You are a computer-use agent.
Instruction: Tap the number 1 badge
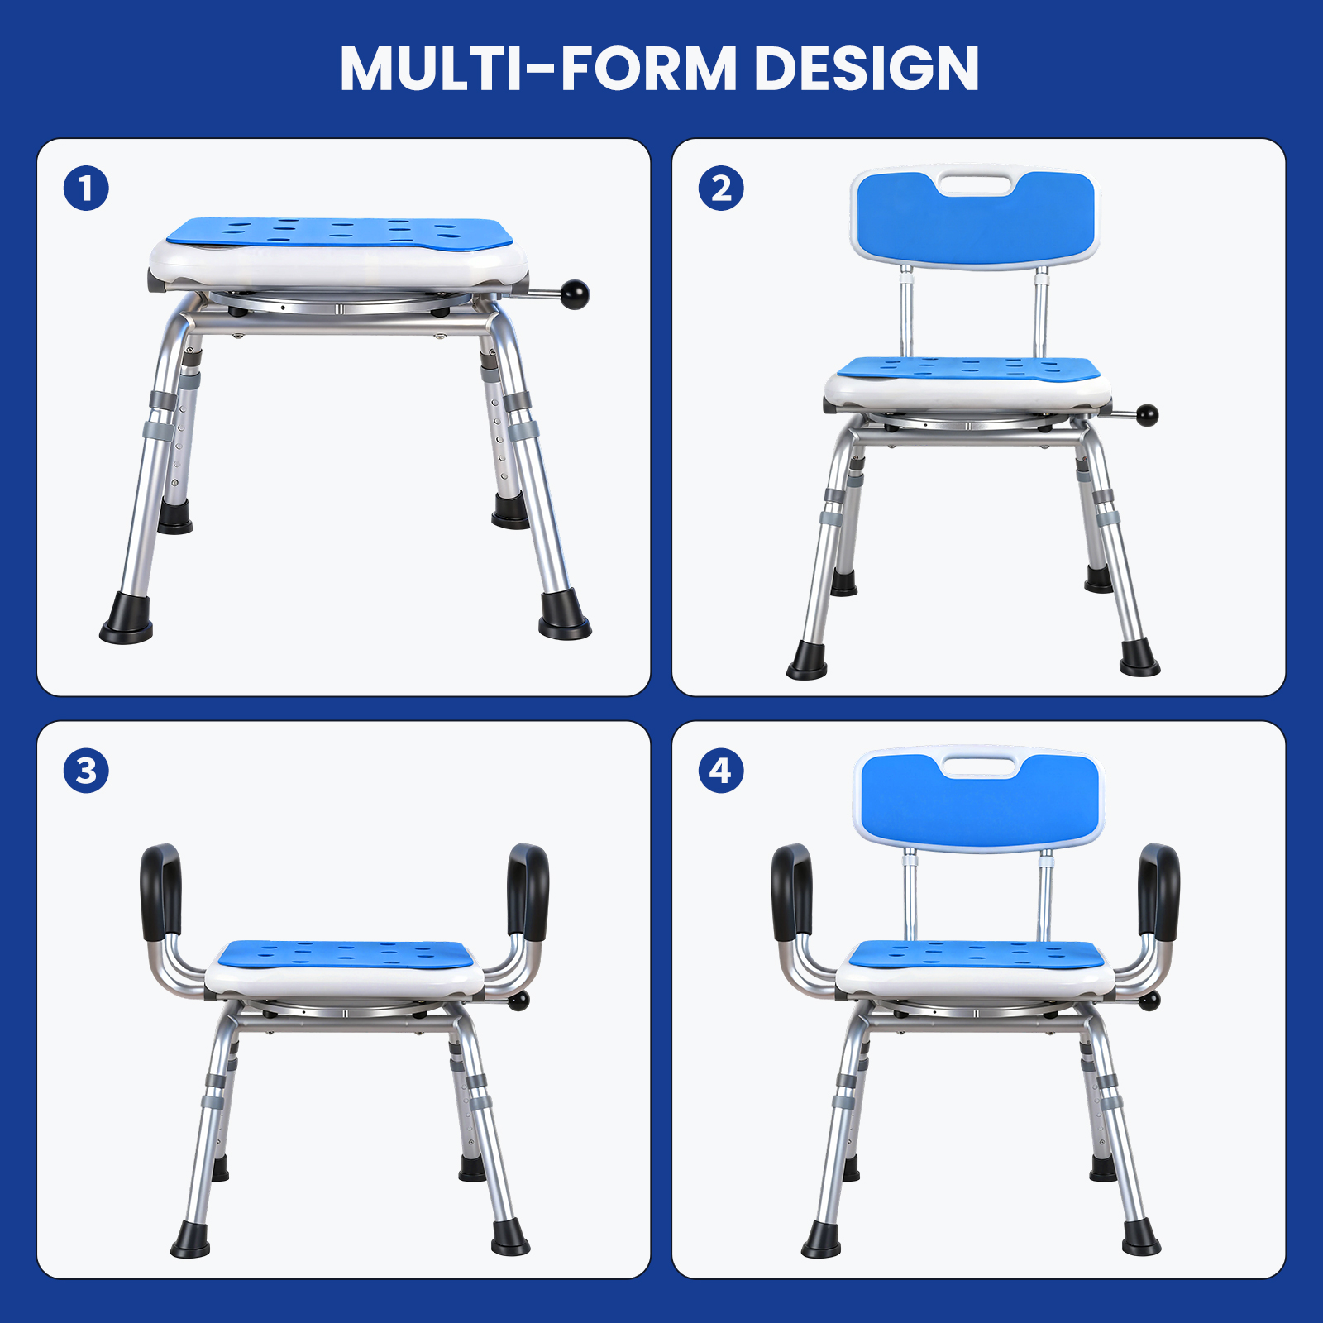[x=86, y=189]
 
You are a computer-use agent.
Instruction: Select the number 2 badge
[x=721, y=189]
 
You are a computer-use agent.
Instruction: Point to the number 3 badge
[x=86, y=771]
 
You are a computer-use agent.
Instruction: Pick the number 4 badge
[x=721, y=771]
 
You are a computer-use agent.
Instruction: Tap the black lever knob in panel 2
[x=1148, y=414]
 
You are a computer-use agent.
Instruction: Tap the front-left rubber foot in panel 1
[x=127, y=619]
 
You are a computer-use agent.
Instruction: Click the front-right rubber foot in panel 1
[x=564, y=616]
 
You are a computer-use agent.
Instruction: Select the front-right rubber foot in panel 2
[x=1139, y=659]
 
